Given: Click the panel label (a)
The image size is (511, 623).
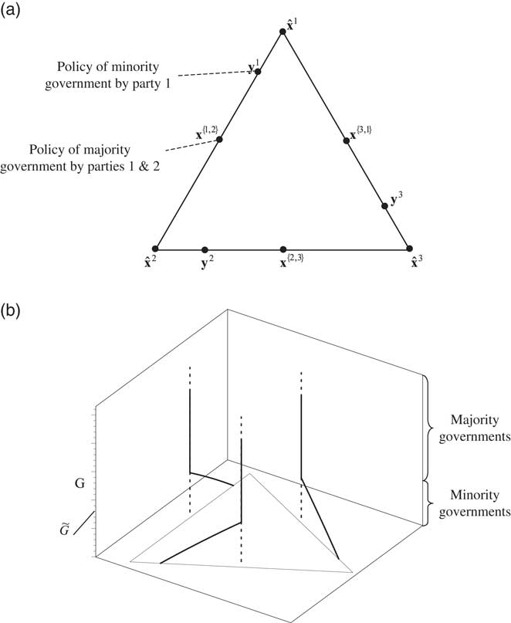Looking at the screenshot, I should pyautogui.click(x=17, y=13).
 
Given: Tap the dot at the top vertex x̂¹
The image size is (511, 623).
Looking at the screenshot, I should pyautogui.click(x=283, y=32).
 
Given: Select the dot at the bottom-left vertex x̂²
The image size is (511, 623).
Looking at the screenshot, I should pyautogui.click(x=157, y=249).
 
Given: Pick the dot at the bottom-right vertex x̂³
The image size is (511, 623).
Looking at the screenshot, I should pyautogui.click(x=410, y=249).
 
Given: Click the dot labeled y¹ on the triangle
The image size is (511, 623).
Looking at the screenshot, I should pyautogui.click(x=258, y=72).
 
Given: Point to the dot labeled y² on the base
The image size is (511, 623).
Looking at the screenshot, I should pyautogui.click(x=205, y=249).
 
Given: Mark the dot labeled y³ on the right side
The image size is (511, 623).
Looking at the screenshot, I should pyautogui.click(x=385, y=206).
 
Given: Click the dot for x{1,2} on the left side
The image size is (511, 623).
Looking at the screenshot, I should pyautogui.click(x=219, y=140).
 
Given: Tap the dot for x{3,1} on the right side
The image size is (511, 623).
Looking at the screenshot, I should pyautogui.click(x=347, y=140).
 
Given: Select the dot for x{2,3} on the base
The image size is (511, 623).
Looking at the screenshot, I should pyautogui.click(x=283, y=249).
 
